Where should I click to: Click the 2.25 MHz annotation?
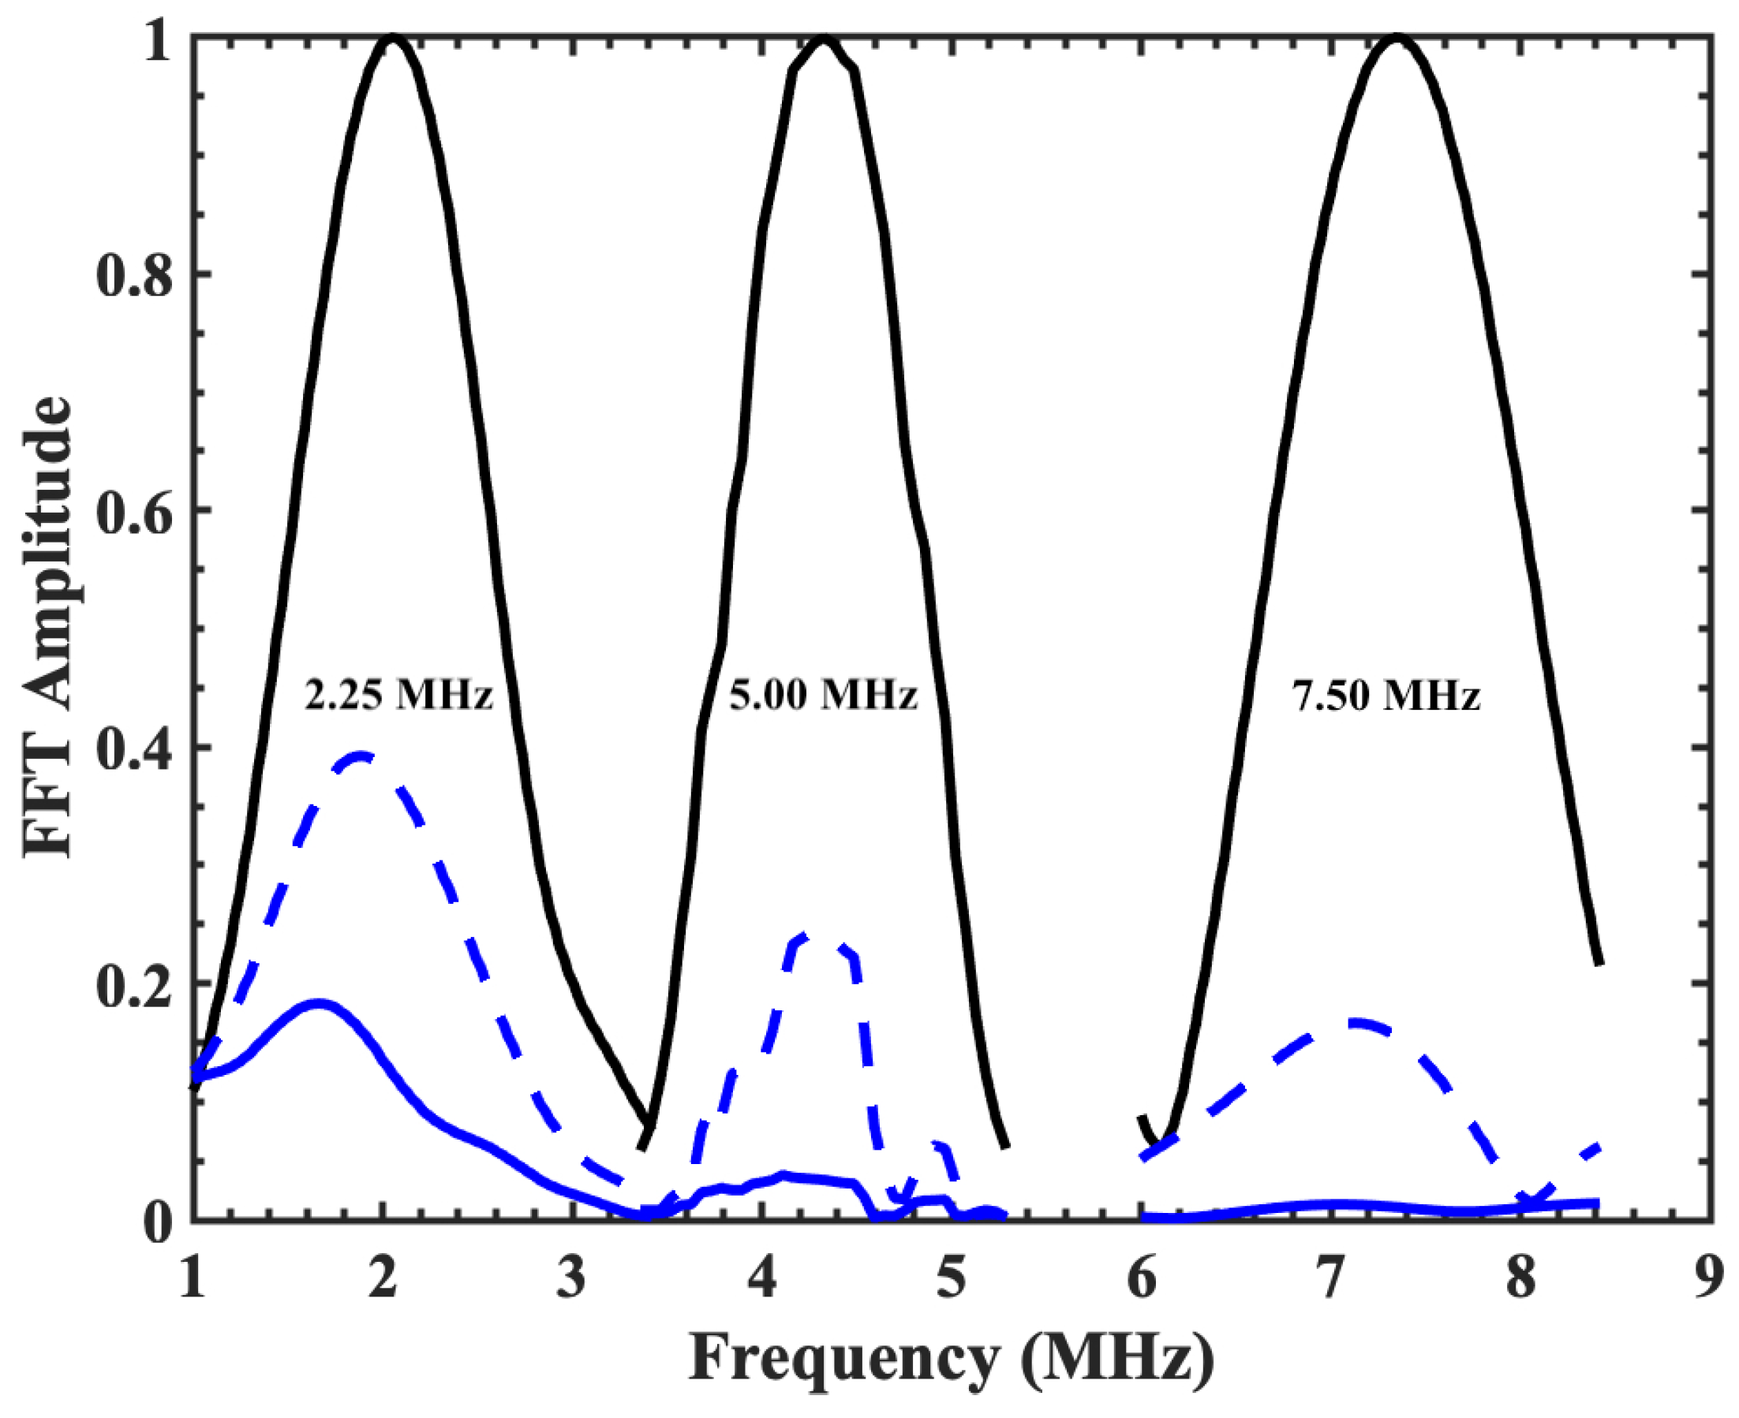pos(398,696)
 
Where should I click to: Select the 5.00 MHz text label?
pos(823,696)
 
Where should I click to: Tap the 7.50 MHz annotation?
pos(1386,696)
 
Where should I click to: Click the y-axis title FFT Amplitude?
pos(47,627)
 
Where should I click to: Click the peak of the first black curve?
pos(394,38)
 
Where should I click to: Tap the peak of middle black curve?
pos(824,38)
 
